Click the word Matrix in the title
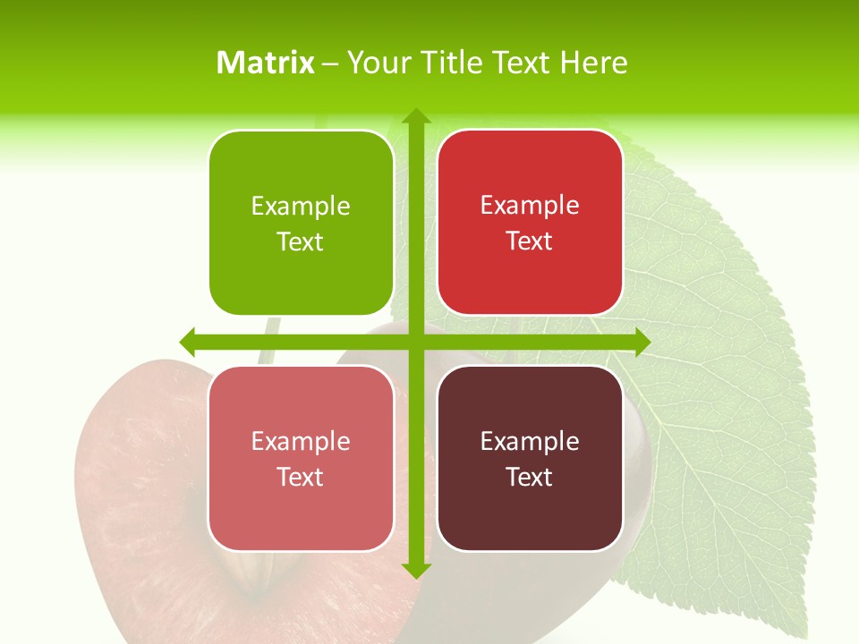click(x=266, y=63)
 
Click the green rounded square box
click(x=302, y=224)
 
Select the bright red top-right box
click(x=530, y=223)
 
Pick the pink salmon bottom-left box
click(x=302, y=458)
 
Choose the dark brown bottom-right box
click(x=530, y=458)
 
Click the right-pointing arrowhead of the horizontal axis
click(x=641, y=342)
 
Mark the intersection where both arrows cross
click(x=415, y=342)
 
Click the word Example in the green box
click(x=301, y=207)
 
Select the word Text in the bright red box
click(x=530, y=241)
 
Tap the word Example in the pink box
click(x=301, y=442)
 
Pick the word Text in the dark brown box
click(x=530, y=477)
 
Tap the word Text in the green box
click(x=301, y=242)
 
